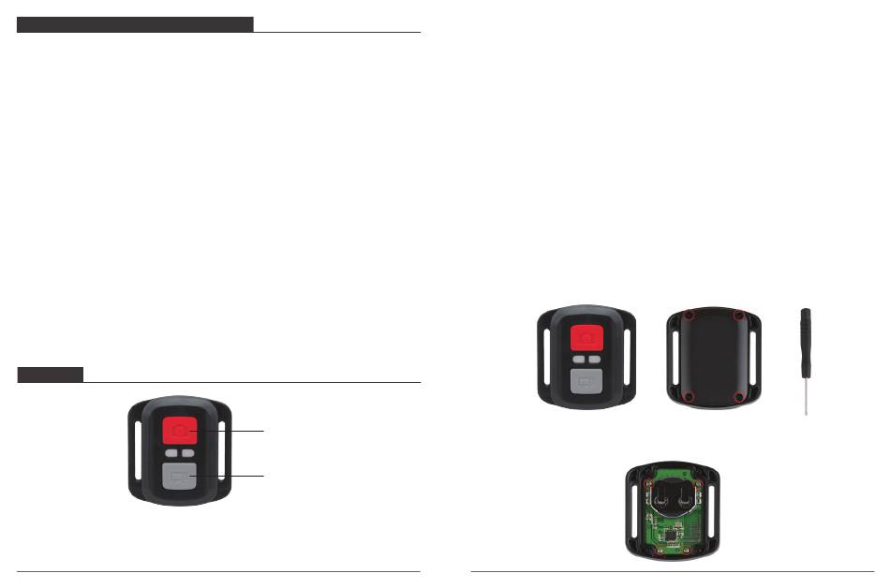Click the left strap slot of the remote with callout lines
point(139,452)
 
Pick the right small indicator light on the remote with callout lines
point(189,453)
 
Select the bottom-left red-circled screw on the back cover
point(689,398)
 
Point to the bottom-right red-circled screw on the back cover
point(739,398)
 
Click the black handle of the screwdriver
point(806,331)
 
